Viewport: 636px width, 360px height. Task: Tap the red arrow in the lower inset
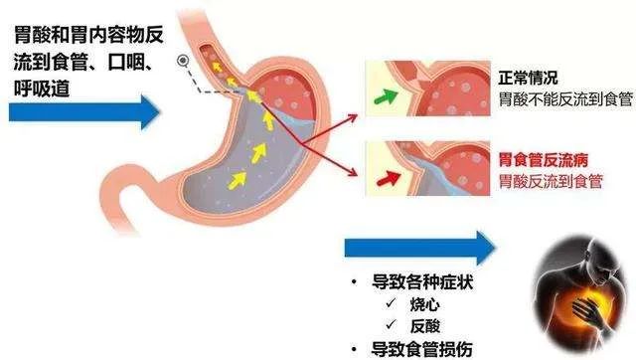(388, 178)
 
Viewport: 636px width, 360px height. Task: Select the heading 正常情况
(527, 77)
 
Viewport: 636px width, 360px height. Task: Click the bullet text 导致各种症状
(416, 280)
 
